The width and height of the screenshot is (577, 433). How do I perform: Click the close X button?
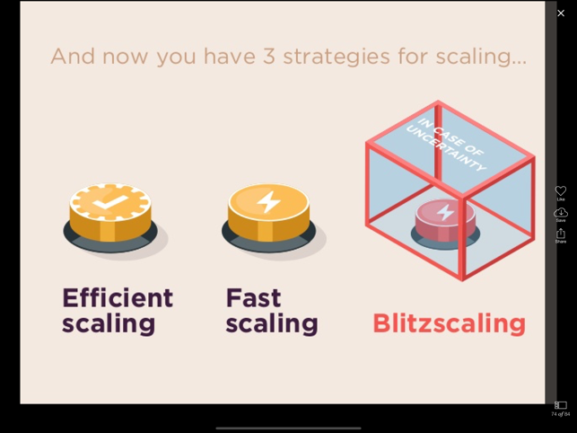point(561,13)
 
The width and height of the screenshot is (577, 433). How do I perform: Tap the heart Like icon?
point(561,190)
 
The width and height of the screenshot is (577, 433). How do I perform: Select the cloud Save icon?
point(561,212)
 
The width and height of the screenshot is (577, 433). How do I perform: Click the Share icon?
point(561,234)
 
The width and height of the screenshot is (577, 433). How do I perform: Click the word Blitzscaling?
point(450,323)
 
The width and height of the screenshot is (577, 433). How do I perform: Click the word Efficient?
point(118,297)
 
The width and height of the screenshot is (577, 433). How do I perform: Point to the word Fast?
point(254,297)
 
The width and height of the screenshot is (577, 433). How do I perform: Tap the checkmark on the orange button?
point(110,202)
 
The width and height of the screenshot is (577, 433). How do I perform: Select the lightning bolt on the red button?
point(445,212)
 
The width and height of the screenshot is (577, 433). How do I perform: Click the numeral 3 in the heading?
point(268,57)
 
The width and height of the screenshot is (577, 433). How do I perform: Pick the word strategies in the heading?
point(337,57)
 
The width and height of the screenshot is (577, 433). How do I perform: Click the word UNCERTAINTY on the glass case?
point(446,149)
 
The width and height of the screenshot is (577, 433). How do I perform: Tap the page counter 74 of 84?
point(561,414)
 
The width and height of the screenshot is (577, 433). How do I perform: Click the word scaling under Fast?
point(272,323)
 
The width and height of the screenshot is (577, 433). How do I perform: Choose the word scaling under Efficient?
point(109,323)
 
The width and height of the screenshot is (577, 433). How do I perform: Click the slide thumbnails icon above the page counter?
point(561,405)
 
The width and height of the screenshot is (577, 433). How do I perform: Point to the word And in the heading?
point(73,57)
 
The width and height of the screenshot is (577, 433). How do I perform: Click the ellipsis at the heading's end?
point(520,63)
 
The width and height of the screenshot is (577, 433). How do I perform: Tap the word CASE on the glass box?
point(448,136)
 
